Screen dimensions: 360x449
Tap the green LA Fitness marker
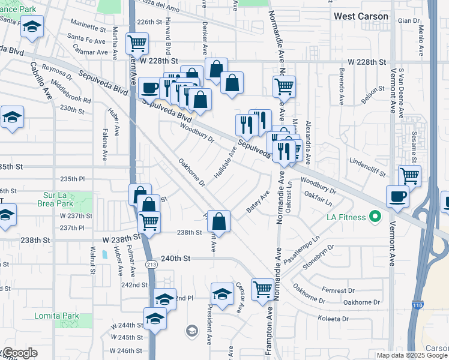[x=376, y=215]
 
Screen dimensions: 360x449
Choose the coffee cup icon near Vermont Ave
[x=397, y=196]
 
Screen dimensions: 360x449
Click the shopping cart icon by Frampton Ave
[x=262, y=289]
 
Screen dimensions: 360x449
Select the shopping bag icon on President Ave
[x=220, y=221]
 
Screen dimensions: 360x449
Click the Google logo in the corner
[x=19, y=353]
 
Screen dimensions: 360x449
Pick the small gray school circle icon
[x=191, y=330]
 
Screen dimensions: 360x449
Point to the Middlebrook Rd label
[x=71, y=91]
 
